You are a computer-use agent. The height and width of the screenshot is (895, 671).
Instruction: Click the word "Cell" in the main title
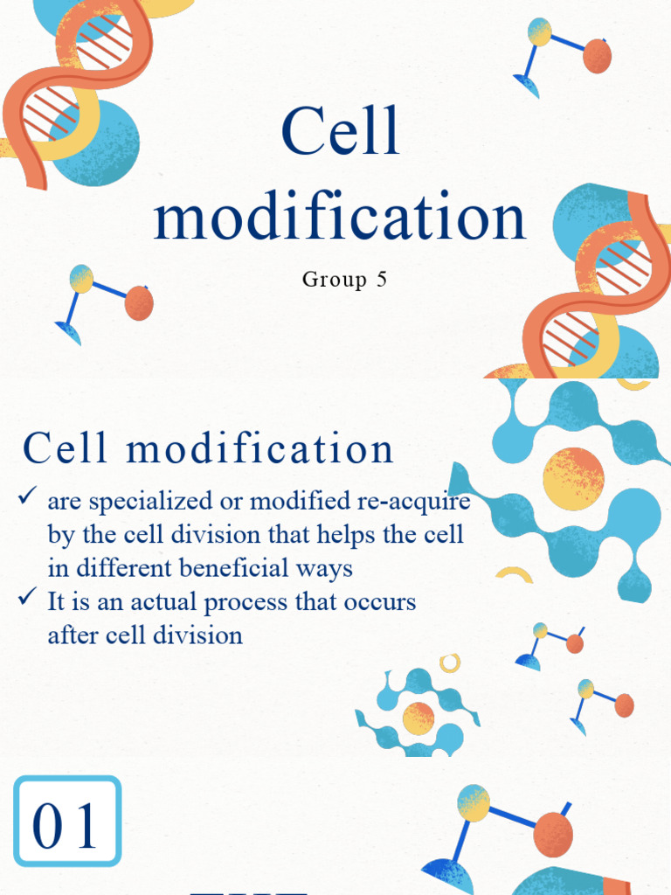pos(341,132)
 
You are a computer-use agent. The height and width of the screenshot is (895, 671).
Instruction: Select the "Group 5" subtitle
pos(344,280)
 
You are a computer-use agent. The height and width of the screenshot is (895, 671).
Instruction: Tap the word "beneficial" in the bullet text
pos(231,568)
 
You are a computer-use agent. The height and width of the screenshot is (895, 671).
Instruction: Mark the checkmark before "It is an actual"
pos(26,599)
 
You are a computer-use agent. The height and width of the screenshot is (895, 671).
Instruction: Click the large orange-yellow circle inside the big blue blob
pos(573,479)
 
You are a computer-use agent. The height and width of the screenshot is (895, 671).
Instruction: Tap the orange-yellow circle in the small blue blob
pos(419,718)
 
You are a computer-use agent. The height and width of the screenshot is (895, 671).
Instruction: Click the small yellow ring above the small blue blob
pos(450,662)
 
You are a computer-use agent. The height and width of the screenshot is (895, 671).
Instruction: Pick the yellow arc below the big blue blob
pos(515,574)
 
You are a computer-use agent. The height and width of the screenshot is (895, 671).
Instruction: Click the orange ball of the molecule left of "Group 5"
pos(139,303)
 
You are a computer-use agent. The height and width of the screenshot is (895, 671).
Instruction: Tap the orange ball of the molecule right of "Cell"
pos(597,56)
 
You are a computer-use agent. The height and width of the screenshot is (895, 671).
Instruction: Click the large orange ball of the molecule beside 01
pos(552,834)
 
